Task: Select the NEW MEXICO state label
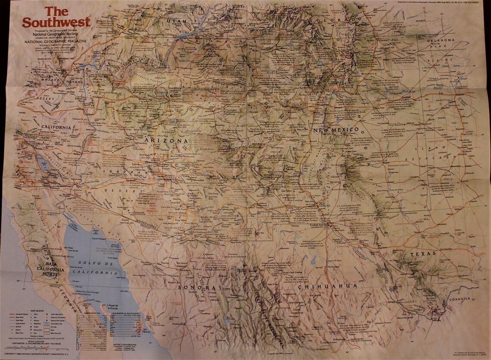pos(336,130)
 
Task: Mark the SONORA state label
pos(196,288)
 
